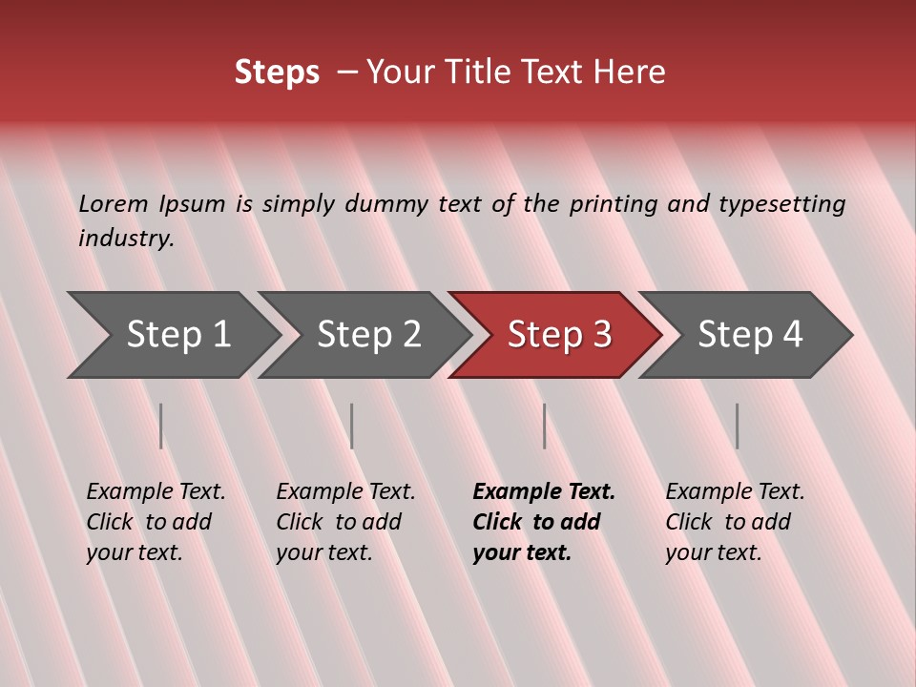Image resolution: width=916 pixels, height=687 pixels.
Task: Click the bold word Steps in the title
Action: pyautogui.click(x=277, y=73)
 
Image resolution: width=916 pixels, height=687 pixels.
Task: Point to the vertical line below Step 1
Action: pyautogui.click(x=161, y=426)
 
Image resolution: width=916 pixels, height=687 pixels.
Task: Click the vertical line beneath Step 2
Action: pyautogui.click(x=352, y=426)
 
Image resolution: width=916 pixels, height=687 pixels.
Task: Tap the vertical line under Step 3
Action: pyautogui.click(x=545, y=426)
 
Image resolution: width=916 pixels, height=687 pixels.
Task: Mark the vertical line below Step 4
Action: pyautogui.click(x=738, y=426)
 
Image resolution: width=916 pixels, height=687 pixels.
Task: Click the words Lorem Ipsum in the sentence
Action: pyautogui.click(x=152, y=204)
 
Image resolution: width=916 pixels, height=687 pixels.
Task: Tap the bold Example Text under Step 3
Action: pyautogui.click(x=544, y=492)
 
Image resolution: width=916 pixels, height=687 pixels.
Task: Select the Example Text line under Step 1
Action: pyautogui.click(x=156, y=492)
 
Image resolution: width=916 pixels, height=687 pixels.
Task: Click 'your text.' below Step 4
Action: pyautogui.click(x=713, y=553)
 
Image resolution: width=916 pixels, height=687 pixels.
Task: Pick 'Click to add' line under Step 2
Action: pyautogui.click(x=339, y=523)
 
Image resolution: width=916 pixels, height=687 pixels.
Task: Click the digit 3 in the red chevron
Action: pyautogui.click(x=601, y=335)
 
